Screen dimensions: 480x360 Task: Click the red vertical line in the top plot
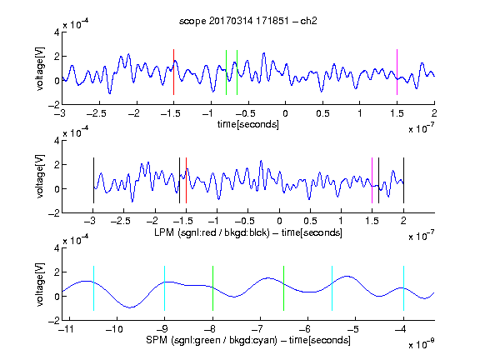coord(173,72)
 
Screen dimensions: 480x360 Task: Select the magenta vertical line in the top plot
coord(397,72)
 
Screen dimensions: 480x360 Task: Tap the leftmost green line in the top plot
coord(226,72)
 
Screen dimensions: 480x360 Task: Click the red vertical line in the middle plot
coord(186,180)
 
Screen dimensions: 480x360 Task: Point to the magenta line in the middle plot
coord(372,180)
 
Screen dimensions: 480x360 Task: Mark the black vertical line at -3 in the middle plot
coord(93,180)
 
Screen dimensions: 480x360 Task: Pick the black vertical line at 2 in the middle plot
coord(403,180)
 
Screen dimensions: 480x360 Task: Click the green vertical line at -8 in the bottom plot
coord(212,288)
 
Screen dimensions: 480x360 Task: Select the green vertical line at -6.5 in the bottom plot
coord(284,288)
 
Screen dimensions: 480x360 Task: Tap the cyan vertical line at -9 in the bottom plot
coord(165,288)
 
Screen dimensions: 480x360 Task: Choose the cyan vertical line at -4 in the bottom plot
coord(403,288)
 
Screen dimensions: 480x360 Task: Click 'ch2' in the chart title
coord(308,21)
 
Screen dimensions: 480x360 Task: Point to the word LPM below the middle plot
coord(164,232)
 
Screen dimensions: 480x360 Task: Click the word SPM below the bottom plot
coord(157,340)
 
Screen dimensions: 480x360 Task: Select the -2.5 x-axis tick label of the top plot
coord(97,113)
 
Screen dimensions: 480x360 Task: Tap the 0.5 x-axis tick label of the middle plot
coord(310,221)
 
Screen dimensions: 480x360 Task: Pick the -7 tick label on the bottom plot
coord(260,329)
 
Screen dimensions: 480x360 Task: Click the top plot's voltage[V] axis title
coord(40,69)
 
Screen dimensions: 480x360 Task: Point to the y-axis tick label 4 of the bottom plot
coord(57,248)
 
